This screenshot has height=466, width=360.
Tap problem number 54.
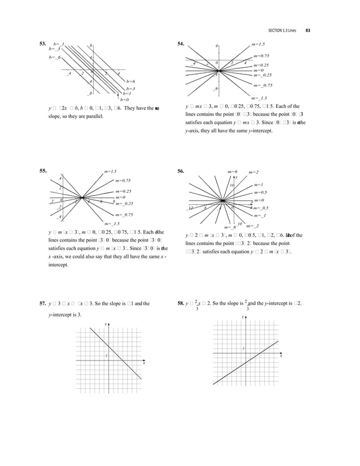(181, 43)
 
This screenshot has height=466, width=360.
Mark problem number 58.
(181, 304)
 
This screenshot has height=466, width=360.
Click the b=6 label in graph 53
(130, 81)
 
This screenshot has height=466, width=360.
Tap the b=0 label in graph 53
(125, 99)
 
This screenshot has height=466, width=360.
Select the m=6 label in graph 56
(232, 171)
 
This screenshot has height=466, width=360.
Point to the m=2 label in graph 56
(253, 172)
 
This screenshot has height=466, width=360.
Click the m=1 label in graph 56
(259, 185)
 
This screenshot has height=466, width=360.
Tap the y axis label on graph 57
(106, 324)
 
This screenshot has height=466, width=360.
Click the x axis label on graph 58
(280, 356)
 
